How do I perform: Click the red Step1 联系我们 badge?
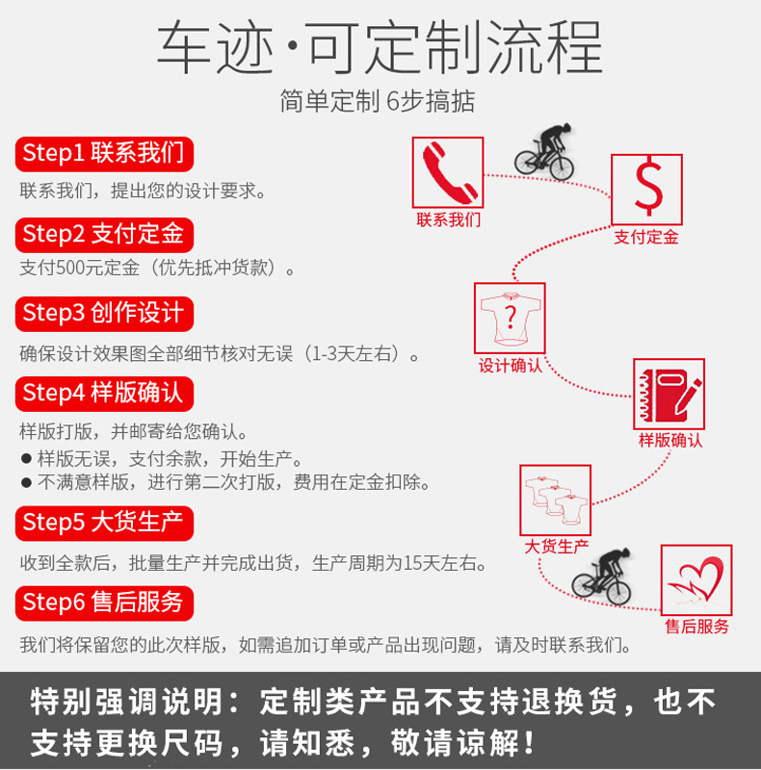104,153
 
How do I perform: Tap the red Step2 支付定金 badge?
104,233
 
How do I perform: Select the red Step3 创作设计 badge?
104,313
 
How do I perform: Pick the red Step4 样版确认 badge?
104,393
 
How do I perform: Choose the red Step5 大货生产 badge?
104,523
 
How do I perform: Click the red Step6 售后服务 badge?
104,603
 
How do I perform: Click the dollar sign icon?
646,189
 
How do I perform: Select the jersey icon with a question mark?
510,317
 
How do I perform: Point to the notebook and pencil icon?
669,394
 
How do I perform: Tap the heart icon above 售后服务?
695,579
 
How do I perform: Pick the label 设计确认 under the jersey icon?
510,366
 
